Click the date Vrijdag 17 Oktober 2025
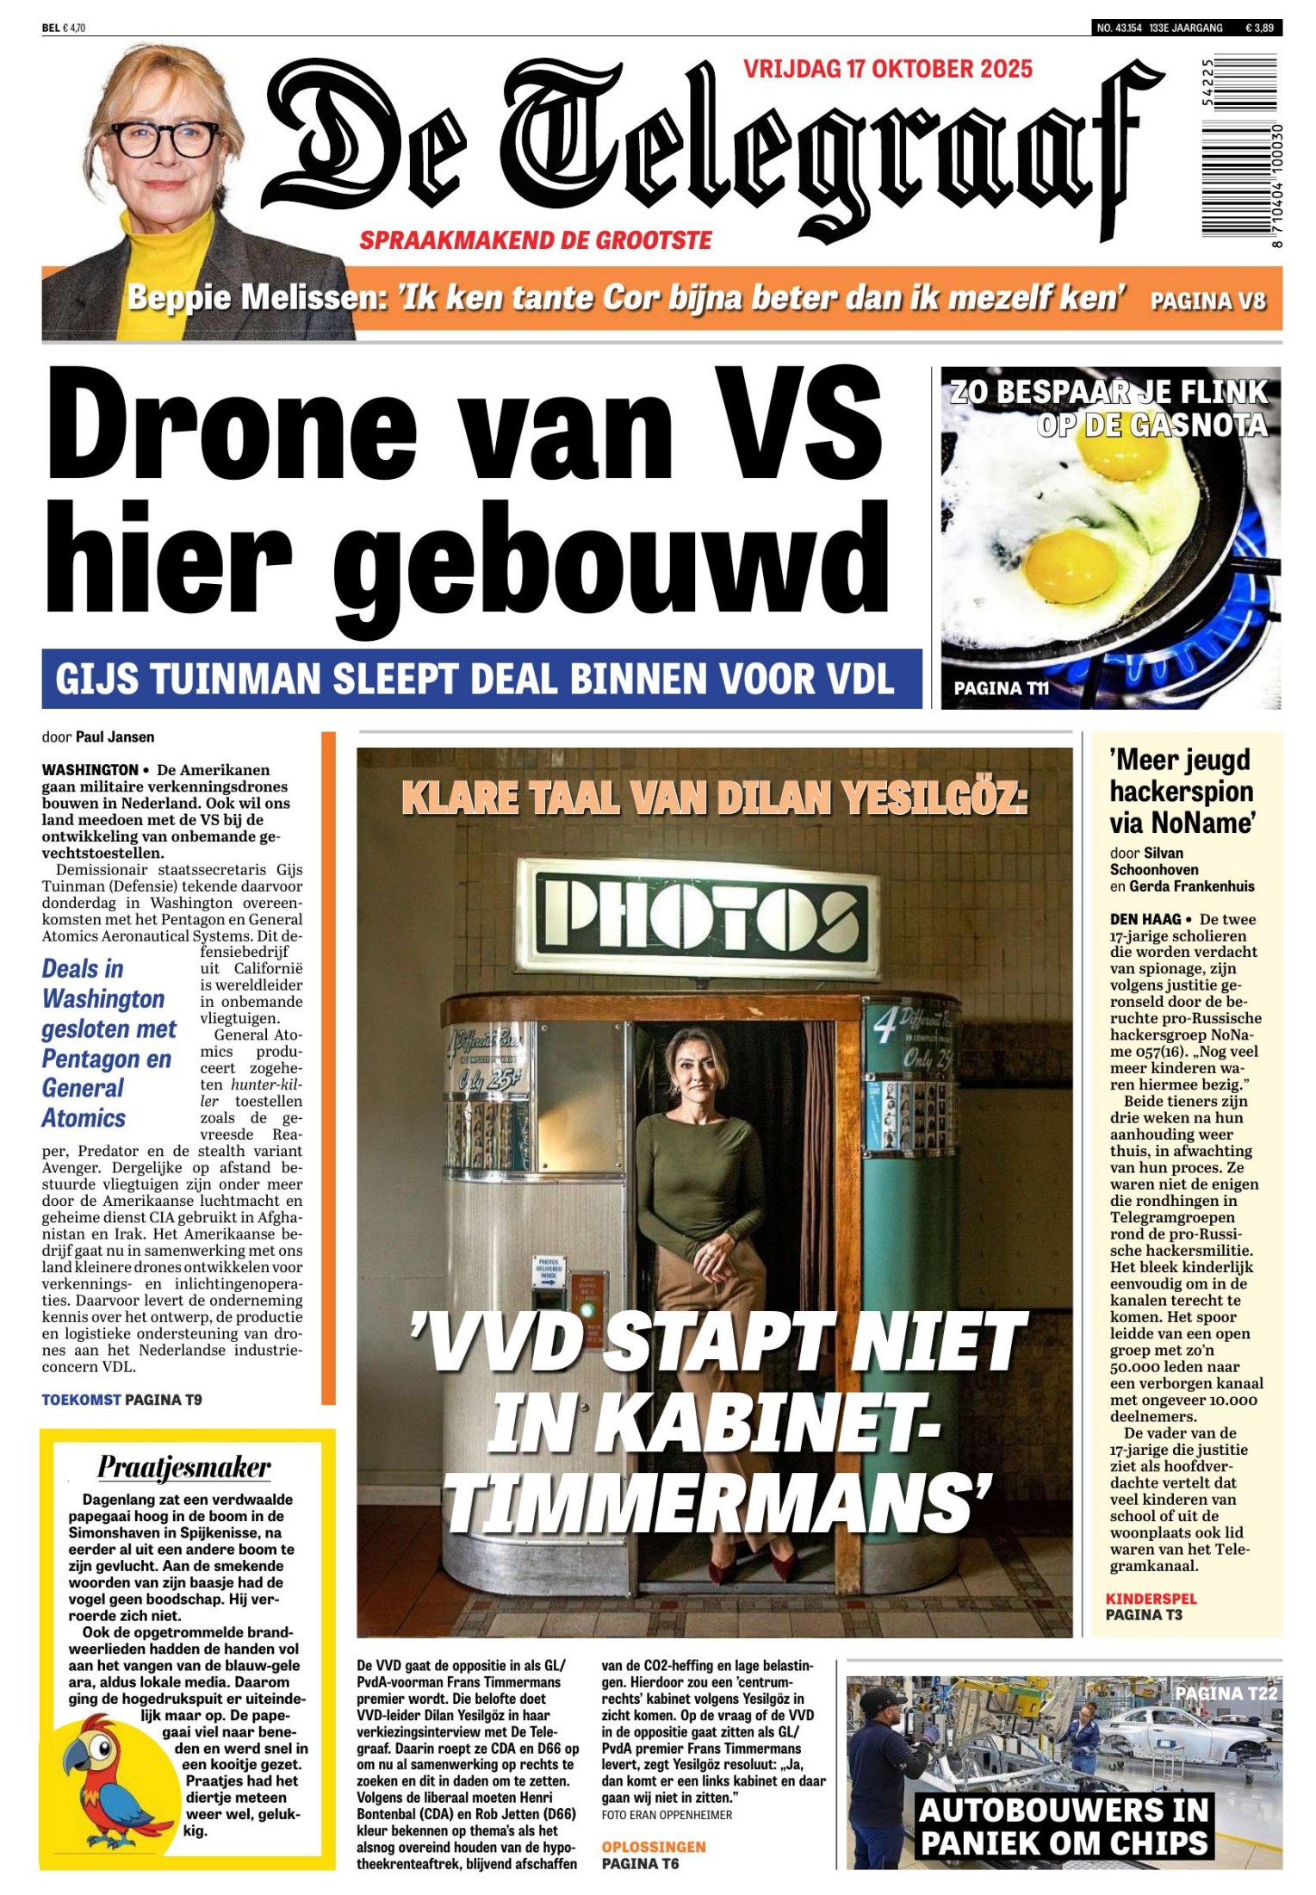pos(888,69)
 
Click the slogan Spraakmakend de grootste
pos(536,240)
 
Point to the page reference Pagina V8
pos(1207,301)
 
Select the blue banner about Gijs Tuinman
pos(481,679)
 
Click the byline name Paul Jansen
pos(115,736)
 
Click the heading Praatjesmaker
pos(184,1466)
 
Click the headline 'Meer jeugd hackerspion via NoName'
pos(1181,792)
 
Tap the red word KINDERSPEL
pos(1151,1599)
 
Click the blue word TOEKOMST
pos(81,1400)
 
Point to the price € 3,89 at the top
pos(1259,28)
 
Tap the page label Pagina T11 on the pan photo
pos(1001,688)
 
